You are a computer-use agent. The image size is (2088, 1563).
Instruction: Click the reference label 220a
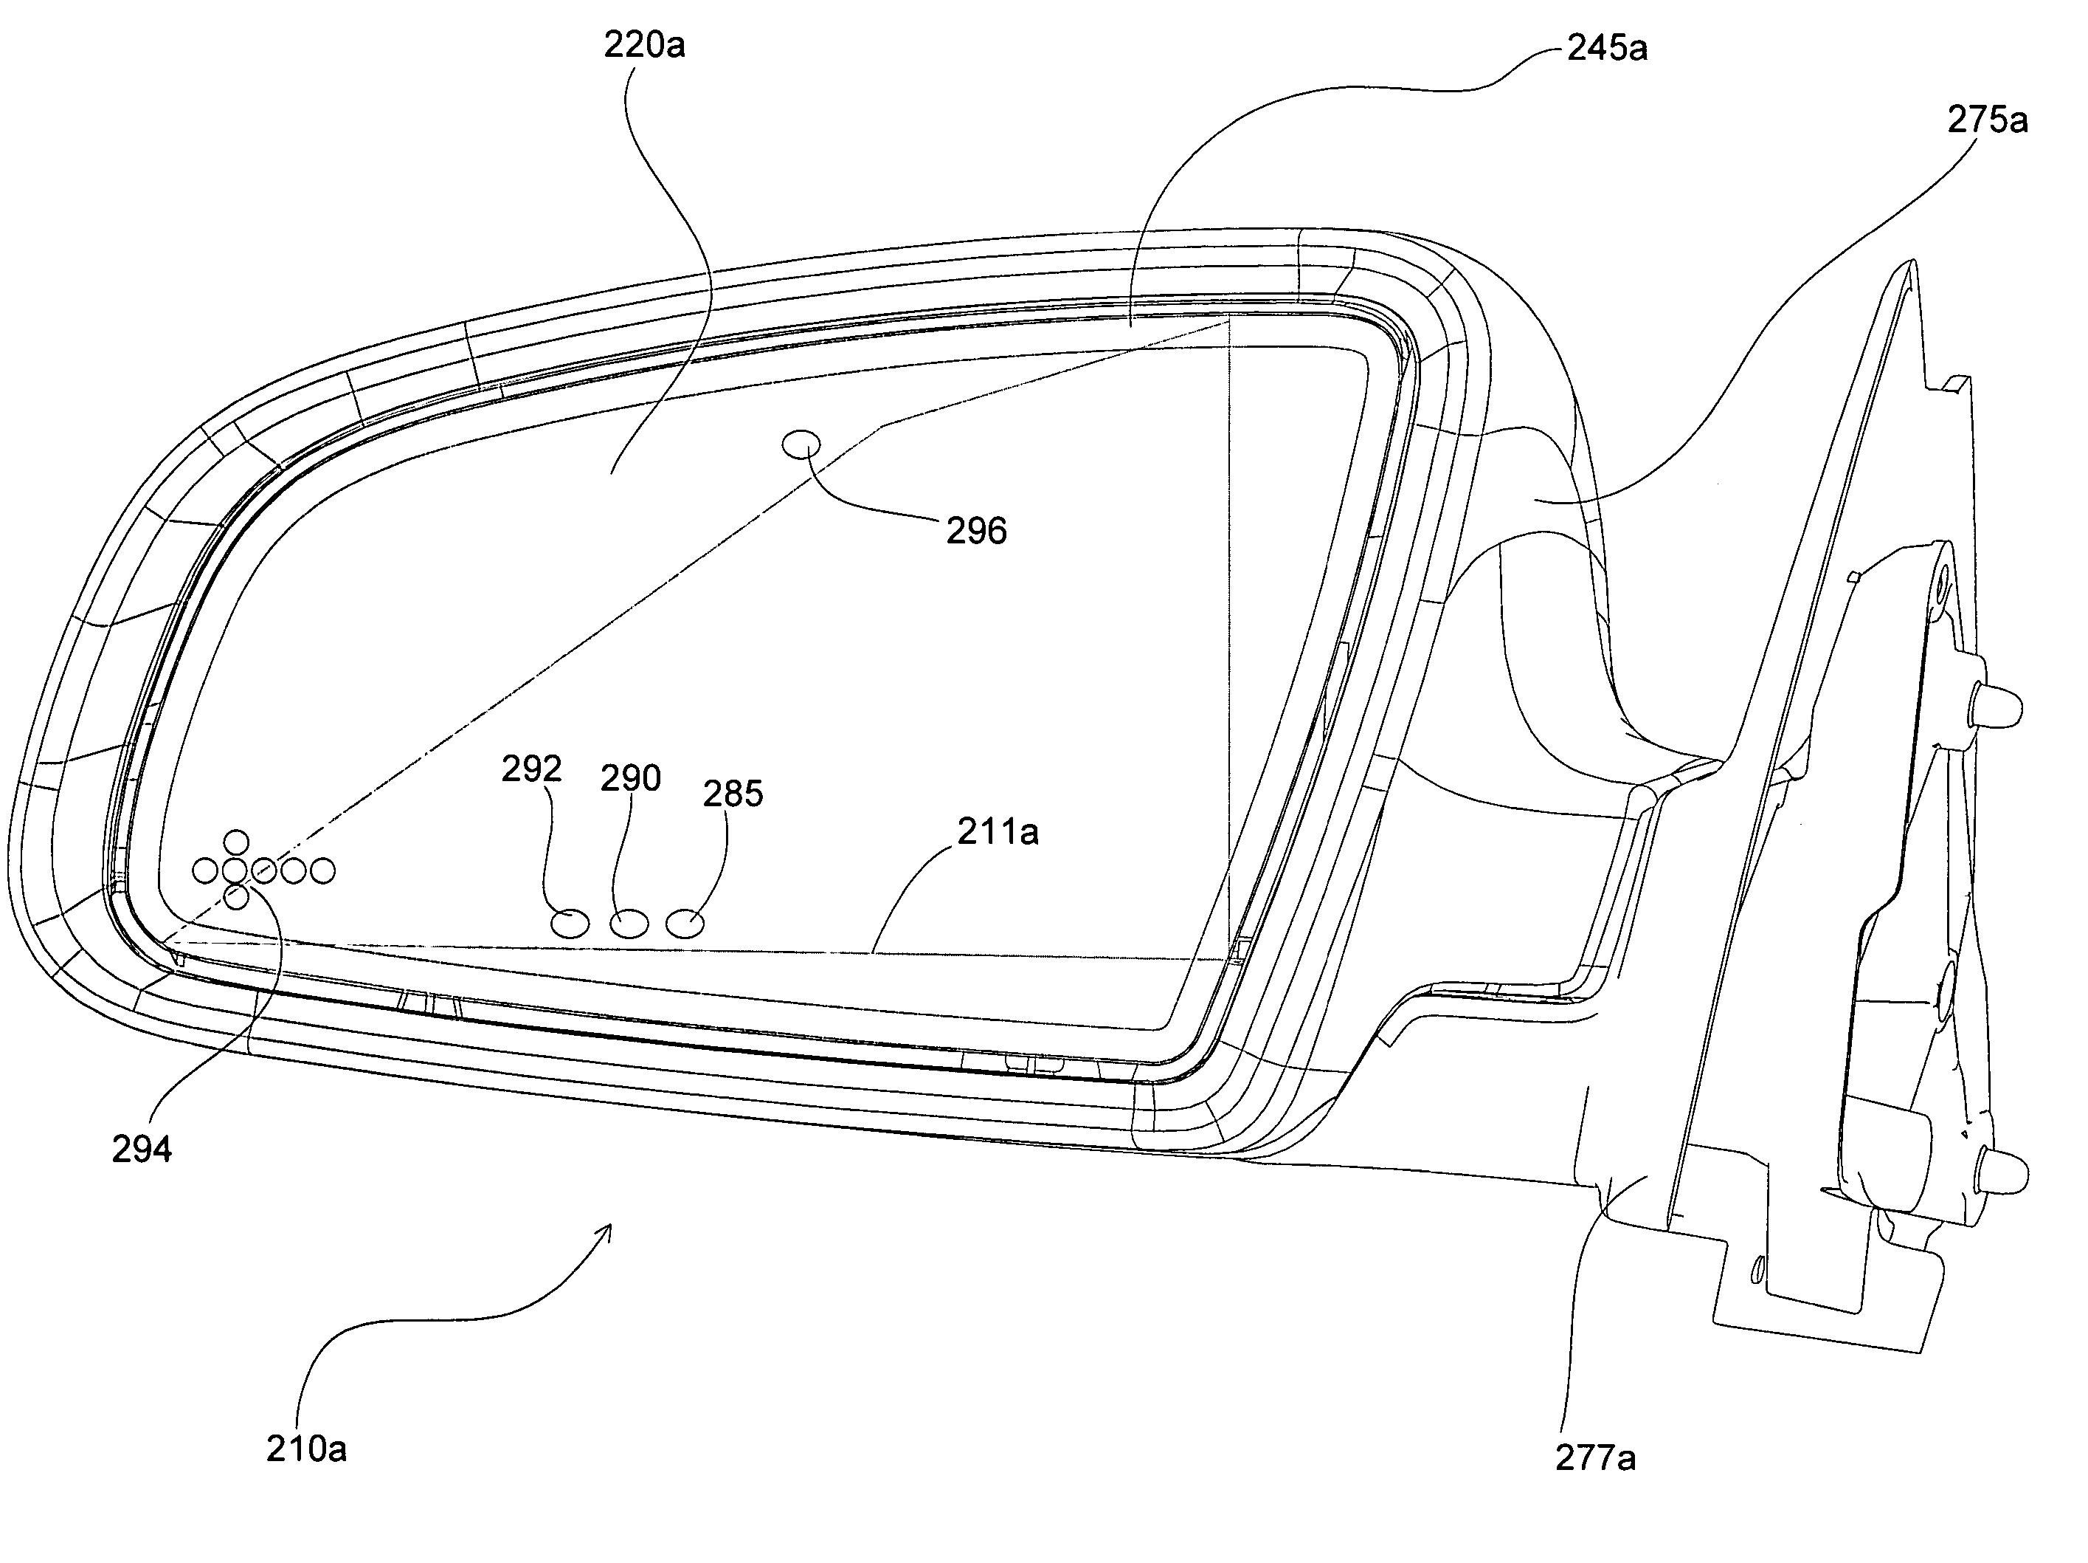coord(645,44)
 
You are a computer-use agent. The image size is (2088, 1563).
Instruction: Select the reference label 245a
coord(1608,48)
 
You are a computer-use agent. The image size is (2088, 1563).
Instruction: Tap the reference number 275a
coord(1987,120)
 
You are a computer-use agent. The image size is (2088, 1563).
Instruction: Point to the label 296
coord(976,531)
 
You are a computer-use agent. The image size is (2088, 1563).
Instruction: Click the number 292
coord(531,769)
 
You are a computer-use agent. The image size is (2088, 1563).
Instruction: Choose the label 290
coord(631,778)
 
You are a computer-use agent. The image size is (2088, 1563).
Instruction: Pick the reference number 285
coord(733,794)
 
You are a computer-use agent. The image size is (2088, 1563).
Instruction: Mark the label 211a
coord(998,832)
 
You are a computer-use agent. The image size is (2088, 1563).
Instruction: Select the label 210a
coord(306,1449)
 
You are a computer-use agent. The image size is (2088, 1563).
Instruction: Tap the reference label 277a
coord(1595,1458)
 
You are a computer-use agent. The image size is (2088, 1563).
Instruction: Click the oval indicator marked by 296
coord(802,443)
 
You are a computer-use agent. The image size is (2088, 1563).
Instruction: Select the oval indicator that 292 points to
coord(570,924)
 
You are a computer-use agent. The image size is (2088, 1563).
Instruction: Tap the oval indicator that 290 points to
coord(629,924)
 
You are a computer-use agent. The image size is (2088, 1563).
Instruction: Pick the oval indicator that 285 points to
coord(685,924)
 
